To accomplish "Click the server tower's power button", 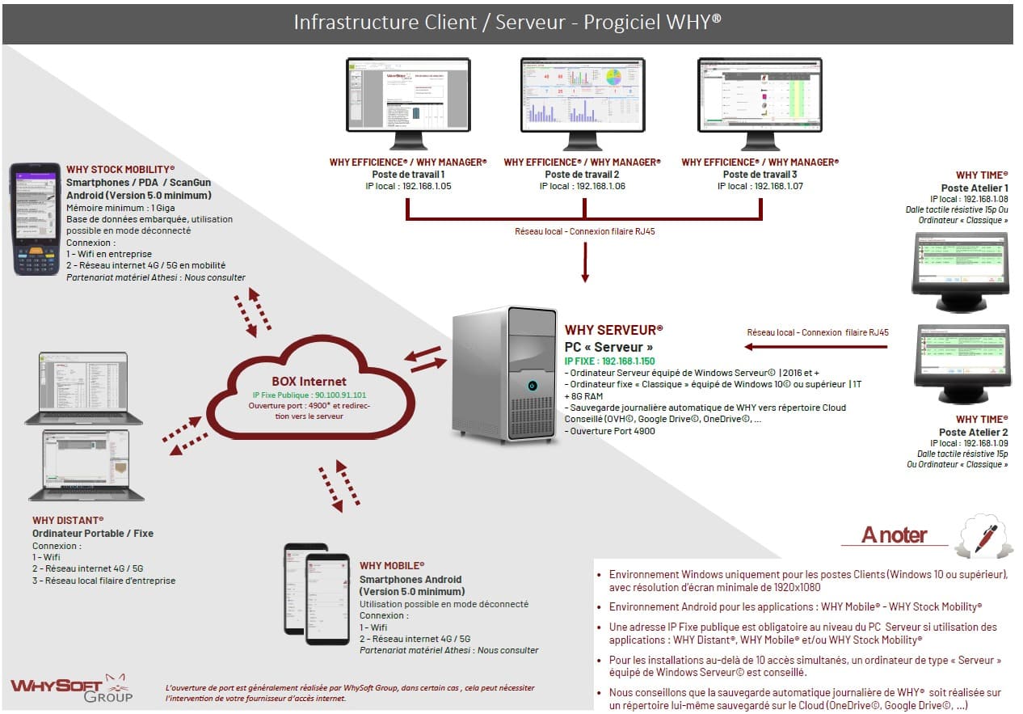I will click(532, 386).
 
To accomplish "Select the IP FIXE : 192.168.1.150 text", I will click(609, 361).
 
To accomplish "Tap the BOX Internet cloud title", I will click(309, 381).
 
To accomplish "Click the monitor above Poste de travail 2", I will click(582, 95).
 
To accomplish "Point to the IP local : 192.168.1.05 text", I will click(408, 186).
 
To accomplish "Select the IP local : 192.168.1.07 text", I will click(759, 186).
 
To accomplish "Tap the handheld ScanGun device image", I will click(34, 218).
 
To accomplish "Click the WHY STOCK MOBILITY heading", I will click(120, 169).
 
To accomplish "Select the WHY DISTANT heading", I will click(68, 520).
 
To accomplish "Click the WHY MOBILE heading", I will click(392, 565).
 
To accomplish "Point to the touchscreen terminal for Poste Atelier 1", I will click(960, 266).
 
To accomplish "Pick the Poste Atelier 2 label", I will click(973, 432).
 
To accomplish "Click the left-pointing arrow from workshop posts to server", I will click(815, 347).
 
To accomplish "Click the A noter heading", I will click(894, 535).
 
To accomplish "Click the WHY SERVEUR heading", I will click(613, 330).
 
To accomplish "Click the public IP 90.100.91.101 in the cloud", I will click(309, 395).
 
